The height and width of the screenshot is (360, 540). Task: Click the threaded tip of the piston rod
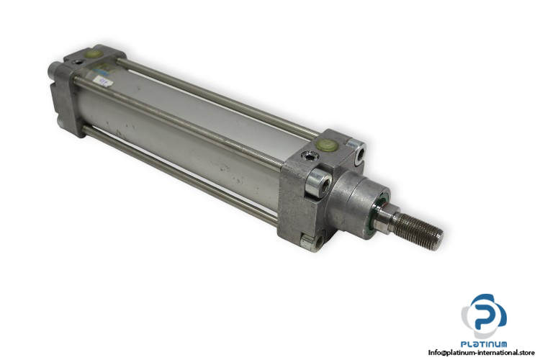[419, 228]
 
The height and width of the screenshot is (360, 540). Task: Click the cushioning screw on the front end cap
[308, 157]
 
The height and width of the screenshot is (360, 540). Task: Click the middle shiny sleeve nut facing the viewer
[318, 182]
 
